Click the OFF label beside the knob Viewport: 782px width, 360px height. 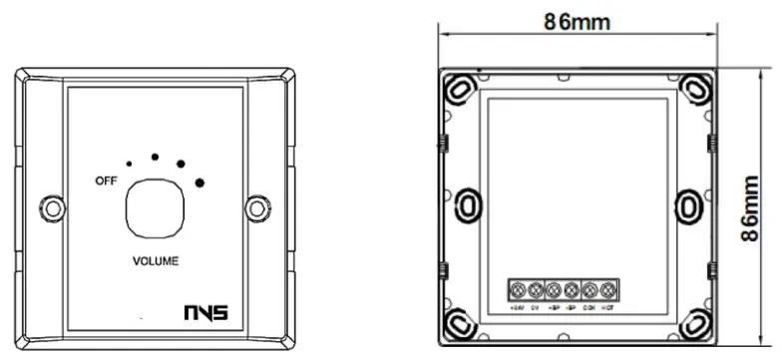tap(105, 180)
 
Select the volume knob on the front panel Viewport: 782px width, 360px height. tap(154, 206)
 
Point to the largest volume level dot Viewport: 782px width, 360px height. tap(200, 181)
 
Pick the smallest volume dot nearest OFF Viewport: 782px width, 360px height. tap(129, 163)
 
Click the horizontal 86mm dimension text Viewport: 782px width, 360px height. tap(578, 20)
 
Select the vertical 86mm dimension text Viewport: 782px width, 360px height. tap(757, 205)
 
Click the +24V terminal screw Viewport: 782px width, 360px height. tap(519, 290)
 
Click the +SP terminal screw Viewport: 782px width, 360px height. tap(555, 290)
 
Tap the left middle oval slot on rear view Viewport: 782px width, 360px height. tap(465, 206)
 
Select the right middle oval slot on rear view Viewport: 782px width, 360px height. tap(689, 206)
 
